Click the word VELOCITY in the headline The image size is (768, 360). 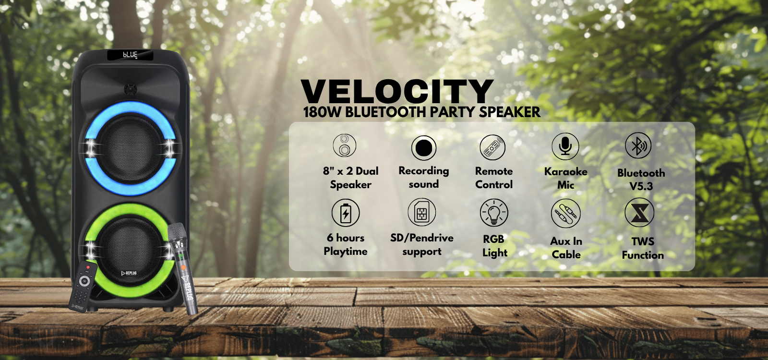397,91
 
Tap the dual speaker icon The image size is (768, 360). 345,145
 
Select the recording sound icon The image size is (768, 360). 424,148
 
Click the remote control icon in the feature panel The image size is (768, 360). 492,147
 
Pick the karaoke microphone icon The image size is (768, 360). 565,146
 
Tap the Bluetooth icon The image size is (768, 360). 638,145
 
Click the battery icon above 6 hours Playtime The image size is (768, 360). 346,213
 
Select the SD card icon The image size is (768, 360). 422,212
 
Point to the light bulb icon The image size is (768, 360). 494,213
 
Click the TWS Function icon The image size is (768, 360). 639,213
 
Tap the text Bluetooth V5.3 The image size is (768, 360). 641,180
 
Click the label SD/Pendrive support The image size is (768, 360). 422,244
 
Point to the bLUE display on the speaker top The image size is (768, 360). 130,55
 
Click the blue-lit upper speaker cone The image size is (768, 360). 130,148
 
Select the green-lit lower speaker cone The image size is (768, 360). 130,250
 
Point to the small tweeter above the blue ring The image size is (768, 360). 130,89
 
